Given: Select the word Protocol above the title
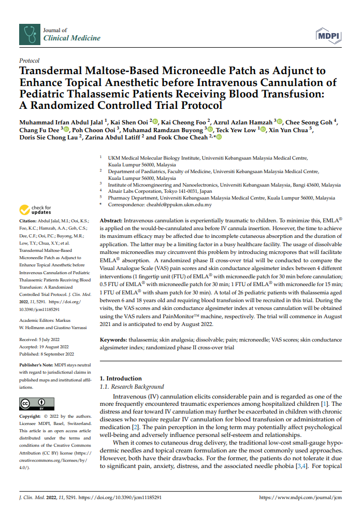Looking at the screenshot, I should (x=29, y=61).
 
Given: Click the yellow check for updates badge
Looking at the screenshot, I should (x=36, y=210).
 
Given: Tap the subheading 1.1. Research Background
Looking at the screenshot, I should (x=132, y=387).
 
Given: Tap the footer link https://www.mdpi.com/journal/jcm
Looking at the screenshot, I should (x=300, y=498).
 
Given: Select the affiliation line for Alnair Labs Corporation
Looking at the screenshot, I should (x=160, y=191).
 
